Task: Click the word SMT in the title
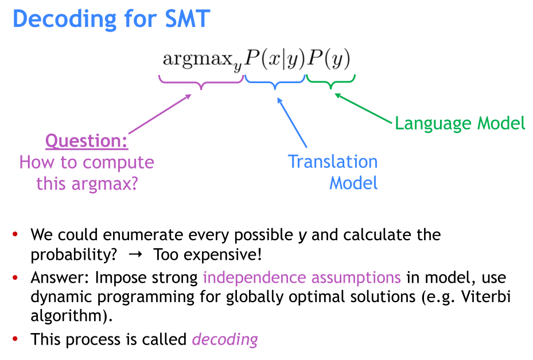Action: pyautogui.click(x=187, y=19)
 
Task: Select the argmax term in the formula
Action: pyautogui.click(x=203, y=60)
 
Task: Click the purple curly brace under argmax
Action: pyautogui.click(x=201, y=82)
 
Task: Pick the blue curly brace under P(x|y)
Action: pyautogui.click(x=275, y=82)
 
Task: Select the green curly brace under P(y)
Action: pyautogui.click(x=330, y=82)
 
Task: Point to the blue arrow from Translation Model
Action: pyautogui.click(x=292, y=122)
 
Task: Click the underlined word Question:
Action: pyautogui.click(x=87, y=141)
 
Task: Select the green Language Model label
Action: pyautogui.click(x=460, y=124)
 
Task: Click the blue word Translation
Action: pyautogui.click(x=333, y=162)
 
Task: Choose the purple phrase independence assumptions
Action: pyautogui.click(x=302, y=278)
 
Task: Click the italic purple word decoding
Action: pyautogui.click(x=225, y=339)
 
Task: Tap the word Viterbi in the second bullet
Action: pyautogui.click(x=486, y=296)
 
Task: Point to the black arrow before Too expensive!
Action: pyautogui.click(x=135, y=255)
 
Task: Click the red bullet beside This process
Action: pyautogui.click(x=15, y=339)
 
